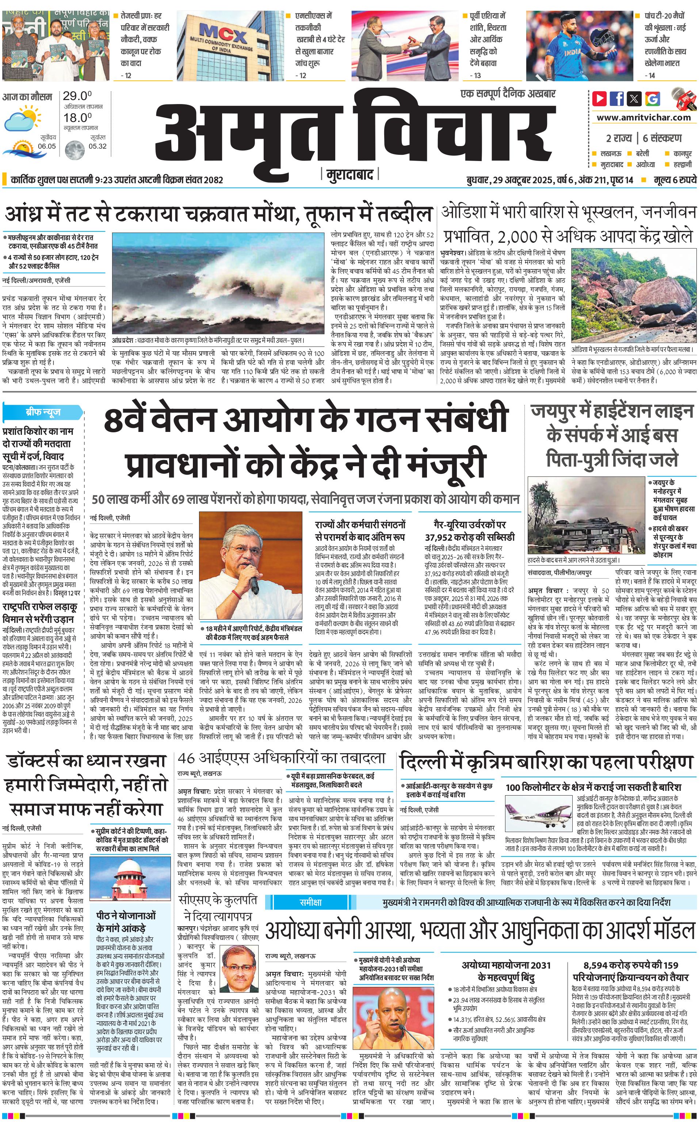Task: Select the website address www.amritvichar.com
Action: coord(643,118)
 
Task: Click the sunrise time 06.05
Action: coord(47,146)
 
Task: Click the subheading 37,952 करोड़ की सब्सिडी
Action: coord(469,537)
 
